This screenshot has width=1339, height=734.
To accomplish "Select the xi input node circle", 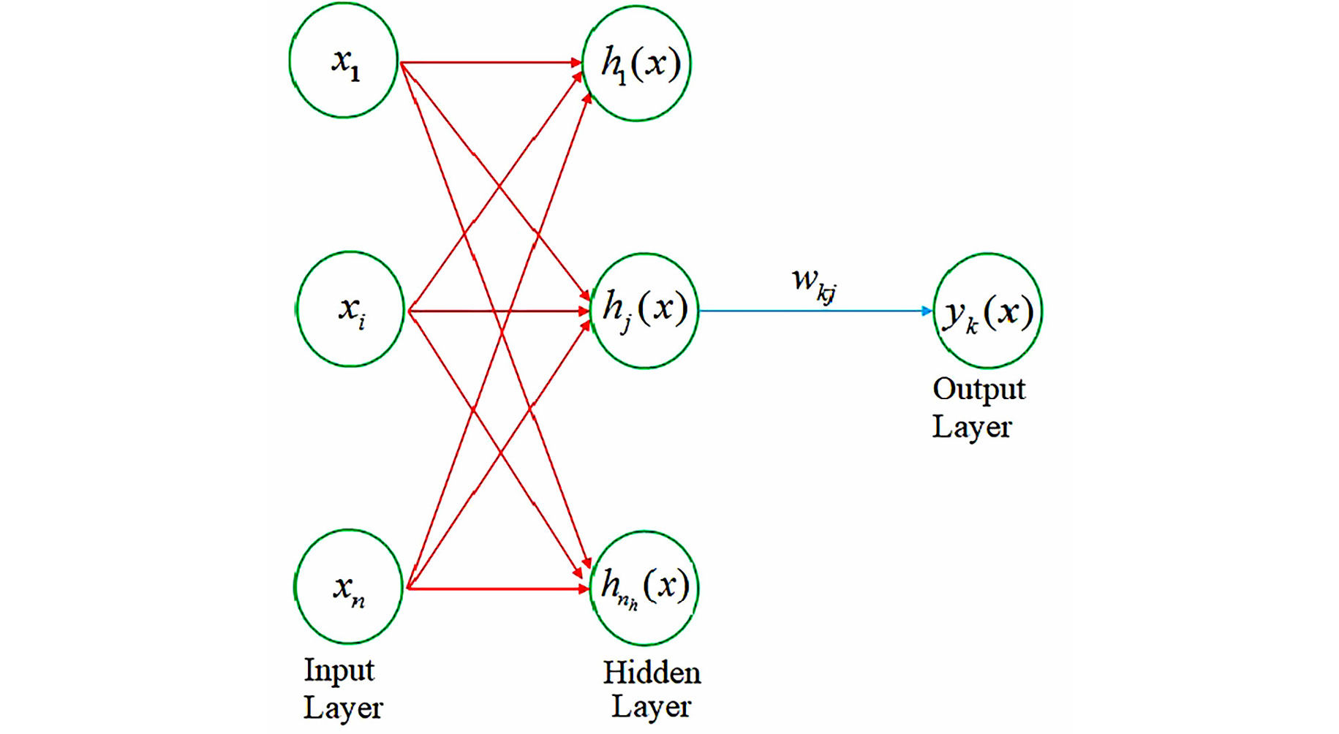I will tap(350, 309).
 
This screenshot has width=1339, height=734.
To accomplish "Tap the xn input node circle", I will tap(349, 587).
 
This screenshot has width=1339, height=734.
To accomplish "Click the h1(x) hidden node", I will tap(637, 64).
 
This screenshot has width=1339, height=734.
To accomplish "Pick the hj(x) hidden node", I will tap(644, 310).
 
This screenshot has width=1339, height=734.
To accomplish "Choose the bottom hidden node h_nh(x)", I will tap(644, 588).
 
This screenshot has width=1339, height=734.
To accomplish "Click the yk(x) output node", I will tap(988, 311).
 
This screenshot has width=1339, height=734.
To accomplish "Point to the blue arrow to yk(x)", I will tap(812, 311).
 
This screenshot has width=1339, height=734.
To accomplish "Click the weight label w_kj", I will tap(814, 284).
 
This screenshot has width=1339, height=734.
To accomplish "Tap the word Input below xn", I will tap(339, 670).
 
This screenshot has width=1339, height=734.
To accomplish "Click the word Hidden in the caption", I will tap(652, 673).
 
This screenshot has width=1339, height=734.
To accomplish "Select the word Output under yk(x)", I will tap(978, 389).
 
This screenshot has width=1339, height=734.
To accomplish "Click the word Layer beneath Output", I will tap(971, 427).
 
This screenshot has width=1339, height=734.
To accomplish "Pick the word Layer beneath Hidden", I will tap(651, 707).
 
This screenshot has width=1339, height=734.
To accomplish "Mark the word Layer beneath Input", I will tap(343, 708).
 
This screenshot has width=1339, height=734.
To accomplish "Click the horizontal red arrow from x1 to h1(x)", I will tap(490, 63).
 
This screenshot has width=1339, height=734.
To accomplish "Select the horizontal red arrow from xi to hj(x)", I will tap(497, 311).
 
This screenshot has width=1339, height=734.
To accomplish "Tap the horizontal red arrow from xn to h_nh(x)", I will tap(497, 588).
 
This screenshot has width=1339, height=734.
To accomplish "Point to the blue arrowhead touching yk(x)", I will tap(927, 311).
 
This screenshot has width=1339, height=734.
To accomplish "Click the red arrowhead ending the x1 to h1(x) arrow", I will tap(576, 63).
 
